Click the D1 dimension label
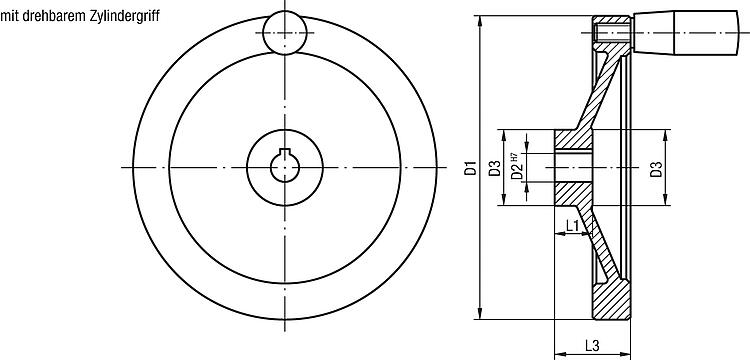(471, 168)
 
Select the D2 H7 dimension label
(515, 166)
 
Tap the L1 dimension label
(573, 225)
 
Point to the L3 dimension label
(592, 345)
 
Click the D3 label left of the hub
(495, 168)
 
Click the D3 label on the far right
(657, 168)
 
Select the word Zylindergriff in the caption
(124, 17)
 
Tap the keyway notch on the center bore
(285, 153)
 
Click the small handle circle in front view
(285, 33)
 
